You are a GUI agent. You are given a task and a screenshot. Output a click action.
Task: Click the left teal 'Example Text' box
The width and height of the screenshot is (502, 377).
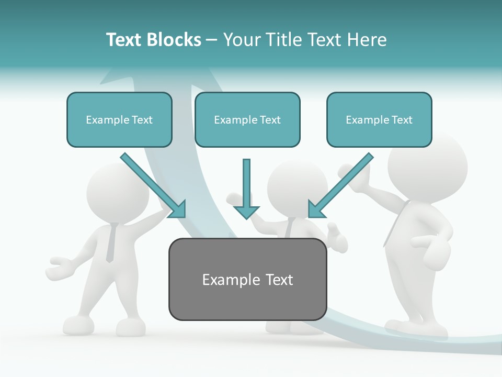coord(119,119)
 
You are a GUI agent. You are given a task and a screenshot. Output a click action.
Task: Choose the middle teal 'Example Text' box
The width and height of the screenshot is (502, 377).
coord(247,119)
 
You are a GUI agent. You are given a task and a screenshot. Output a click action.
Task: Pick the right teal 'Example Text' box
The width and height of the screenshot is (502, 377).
coord(379,119)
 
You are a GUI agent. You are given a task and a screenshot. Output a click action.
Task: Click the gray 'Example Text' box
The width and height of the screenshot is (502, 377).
coord(247,279)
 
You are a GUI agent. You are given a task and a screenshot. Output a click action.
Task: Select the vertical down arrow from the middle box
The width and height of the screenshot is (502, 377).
coord(246,188)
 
